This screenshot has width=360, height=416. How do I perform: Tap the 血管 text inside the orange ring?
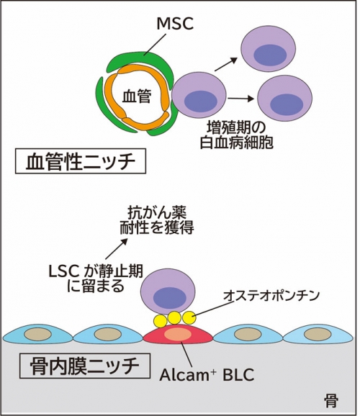point(135,95)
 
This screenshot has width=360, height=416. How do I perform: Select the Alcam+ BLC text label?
point(206,375)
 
